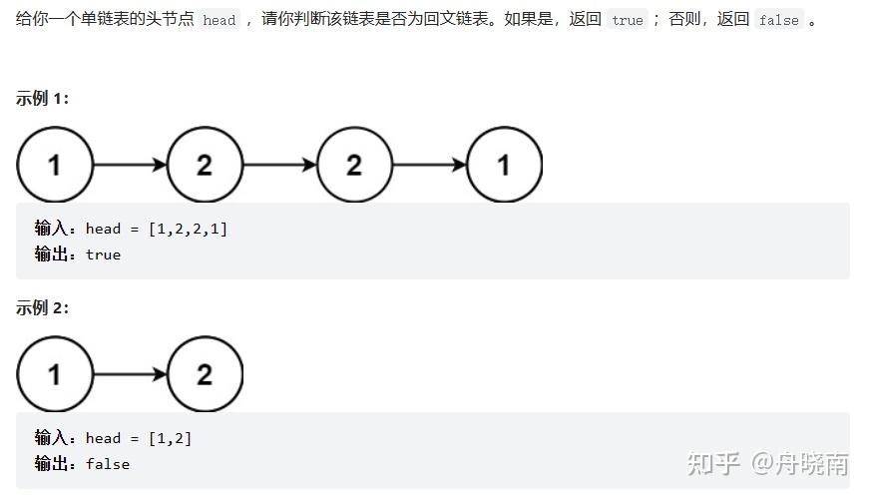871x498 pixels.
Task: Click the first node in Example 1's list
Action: tap(54, 165)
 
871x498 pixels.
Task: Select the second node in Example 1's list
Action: tap(205, 165)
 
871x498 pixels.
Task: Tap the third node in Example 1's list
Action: tap(354, 165)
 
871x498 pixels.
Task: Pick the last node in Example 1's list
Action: tap(504, 165)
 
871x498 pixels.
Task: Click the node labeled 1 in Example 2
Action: tap(54, 374)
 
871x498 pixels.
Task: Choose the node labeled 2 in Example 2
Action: tap(205, 374)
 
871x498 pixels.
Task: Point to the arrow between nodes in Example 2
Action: tap(130, 374)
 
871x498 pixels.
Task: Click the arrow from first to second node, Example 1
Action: tap(130, 165)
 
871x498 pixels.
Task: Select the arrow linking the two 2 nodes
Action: tap(279, 165)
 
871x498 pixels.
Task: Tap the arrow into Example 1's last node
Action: tap(429, 165)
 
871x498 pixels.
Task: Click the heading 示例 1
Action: tap(42, 98)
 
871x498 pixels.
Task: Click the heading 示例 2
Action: tap(42, 307)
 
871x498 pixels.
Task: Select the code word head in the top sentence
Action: tap(218, 20)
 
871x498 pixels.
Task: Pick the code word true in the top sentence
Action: tap(628, 20)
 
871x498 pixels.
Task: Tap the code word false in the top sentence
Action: tap(777, 20)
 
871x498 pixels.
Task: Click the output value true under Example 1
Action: tap(103, 254)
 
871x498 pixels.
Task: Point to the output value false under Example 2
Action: tap(108, 464)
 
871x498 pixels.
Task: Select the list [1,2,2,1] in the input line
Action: tap(188, 229)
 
